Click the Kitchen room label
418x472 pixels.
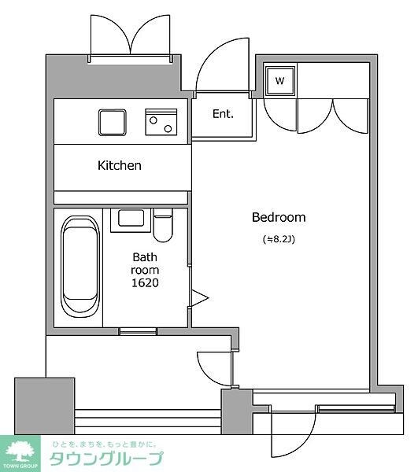120,165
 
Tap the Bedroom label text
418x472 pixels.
279,217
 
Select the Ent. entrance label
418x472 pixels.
223,114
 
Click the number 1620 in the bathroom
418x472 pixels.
145,282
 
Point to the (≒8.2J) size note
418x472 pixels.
279,239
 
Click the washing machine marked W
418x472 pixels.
279,81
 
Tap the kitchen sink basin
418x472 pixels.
113,123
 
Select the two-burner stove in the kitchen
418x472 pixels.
161,122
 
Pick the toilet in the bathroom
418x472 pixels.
163,224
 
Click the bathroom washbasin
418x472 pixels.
131,220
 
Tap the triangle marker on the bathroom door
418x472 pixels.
199,298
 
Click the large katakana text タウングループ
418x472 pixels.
106,459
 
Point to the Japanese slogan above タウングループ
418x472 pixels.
104,444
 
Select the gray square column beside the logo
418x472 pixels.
45,406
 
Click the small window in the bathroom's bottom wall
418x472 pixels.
139,331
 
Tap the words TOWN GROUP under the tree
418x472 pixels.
20,466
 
